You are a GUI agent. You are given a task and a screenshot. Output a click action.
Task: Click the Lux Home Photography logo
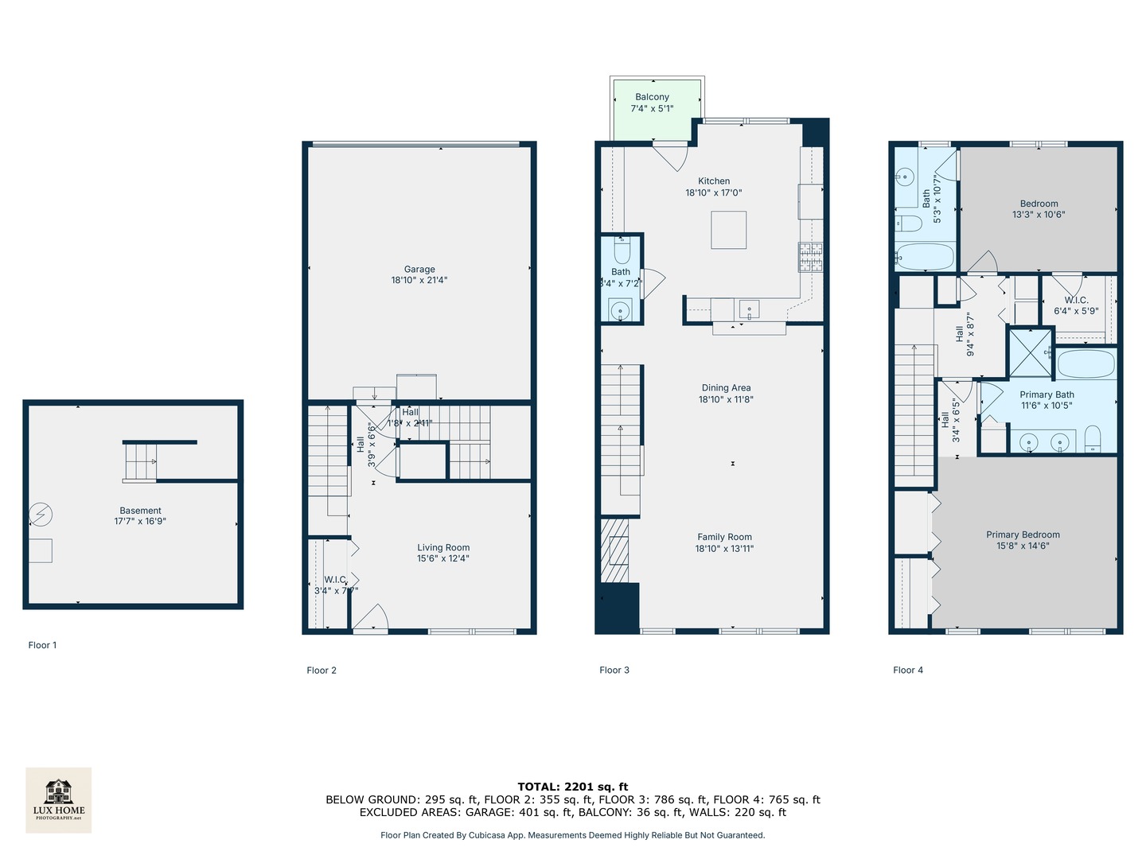click(x=58, y=799)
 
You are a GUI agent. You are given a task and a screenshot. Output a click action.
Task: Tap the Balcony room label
click(x=652, y=97)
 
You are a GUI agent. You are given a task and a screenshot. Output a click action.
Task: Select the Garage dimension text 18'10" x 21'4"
click(x=419, y=280)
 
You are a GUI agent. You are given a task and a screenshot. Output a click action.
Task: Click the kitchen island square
click(x=728, y=230)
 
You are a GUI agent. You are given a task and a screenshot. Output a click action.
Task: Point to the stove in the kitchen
click(x=810, y=257)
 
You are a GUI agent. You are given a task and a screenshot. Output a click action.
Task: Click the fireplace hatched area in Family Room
click(x=614, y=550)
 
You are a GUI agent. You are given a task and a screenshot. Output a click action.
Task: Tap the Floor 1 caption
click(x=42, y=645)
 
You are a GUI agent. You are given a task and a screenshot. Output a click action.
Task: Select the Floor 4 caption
click(x=908, y=670)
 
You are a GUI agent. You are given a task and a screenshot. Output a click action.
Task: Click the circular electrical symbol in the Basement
click(x=41, y=515)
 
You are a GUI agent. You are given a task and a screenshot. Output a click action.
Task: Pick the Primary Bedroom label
click(x=1023, y=534)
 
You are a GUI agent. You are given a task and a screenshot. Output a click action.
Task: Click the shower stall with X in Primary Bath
click(x=1030, y=352)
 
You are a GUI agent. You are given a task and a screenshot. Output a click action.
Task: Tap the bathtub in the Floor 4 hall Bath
click(x=924, y=257)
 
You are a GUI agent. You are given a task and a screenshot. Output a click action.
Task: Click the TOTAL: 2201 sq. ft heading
click(x=573, y=787)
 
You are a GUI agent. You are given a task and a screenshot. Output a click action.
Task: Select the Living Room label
click(x=443, y=547)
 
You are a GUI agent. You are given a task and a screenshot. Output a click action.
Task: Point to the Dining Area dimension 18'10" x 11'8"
click(x=726, y=399)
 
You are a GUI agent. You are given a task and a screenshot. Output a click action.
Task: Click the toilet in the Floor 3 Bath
click(x=622, y=253)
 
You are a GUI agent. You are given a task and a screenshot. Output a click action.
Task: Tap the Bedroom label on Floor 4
click(x=1039, y=204)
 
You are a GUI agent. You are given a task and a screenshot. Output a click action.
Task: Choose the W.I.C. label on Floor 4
click(x=1076, y=300)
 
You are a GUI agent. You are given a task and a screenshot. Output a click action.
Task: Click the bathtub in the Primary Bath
click(x=1086, y=363)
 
